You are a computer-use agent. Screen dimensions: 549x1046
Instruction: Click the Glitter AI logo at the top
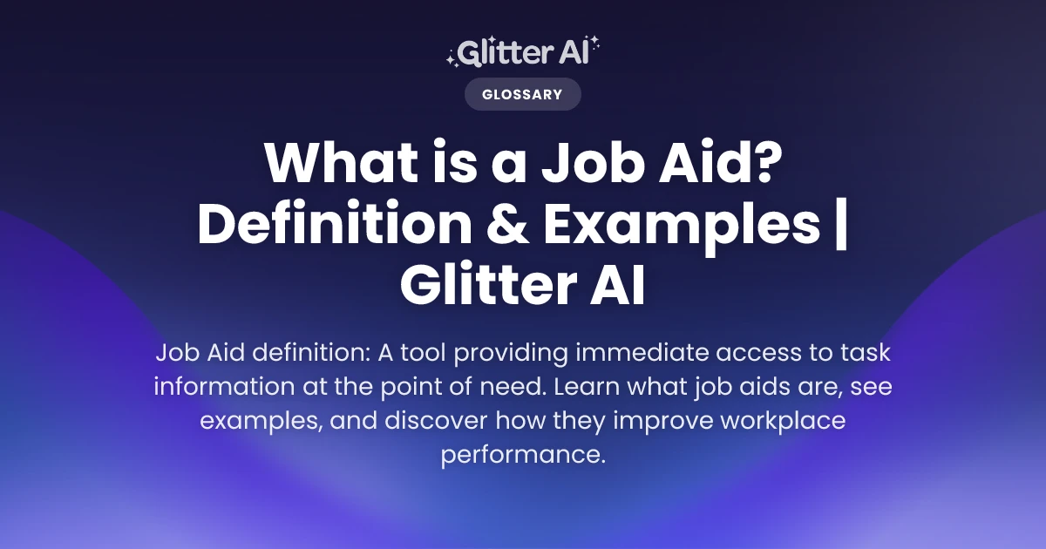click(522, 53)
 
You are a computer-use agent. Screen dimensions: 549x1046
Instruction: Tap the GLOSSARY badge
click(522, 94)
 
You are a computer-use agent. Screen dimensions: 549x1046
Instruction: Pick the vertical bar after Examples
click(841, 227)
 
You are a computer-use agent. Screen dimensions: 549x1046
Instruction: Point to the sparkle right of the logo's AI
click(594, 45)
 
